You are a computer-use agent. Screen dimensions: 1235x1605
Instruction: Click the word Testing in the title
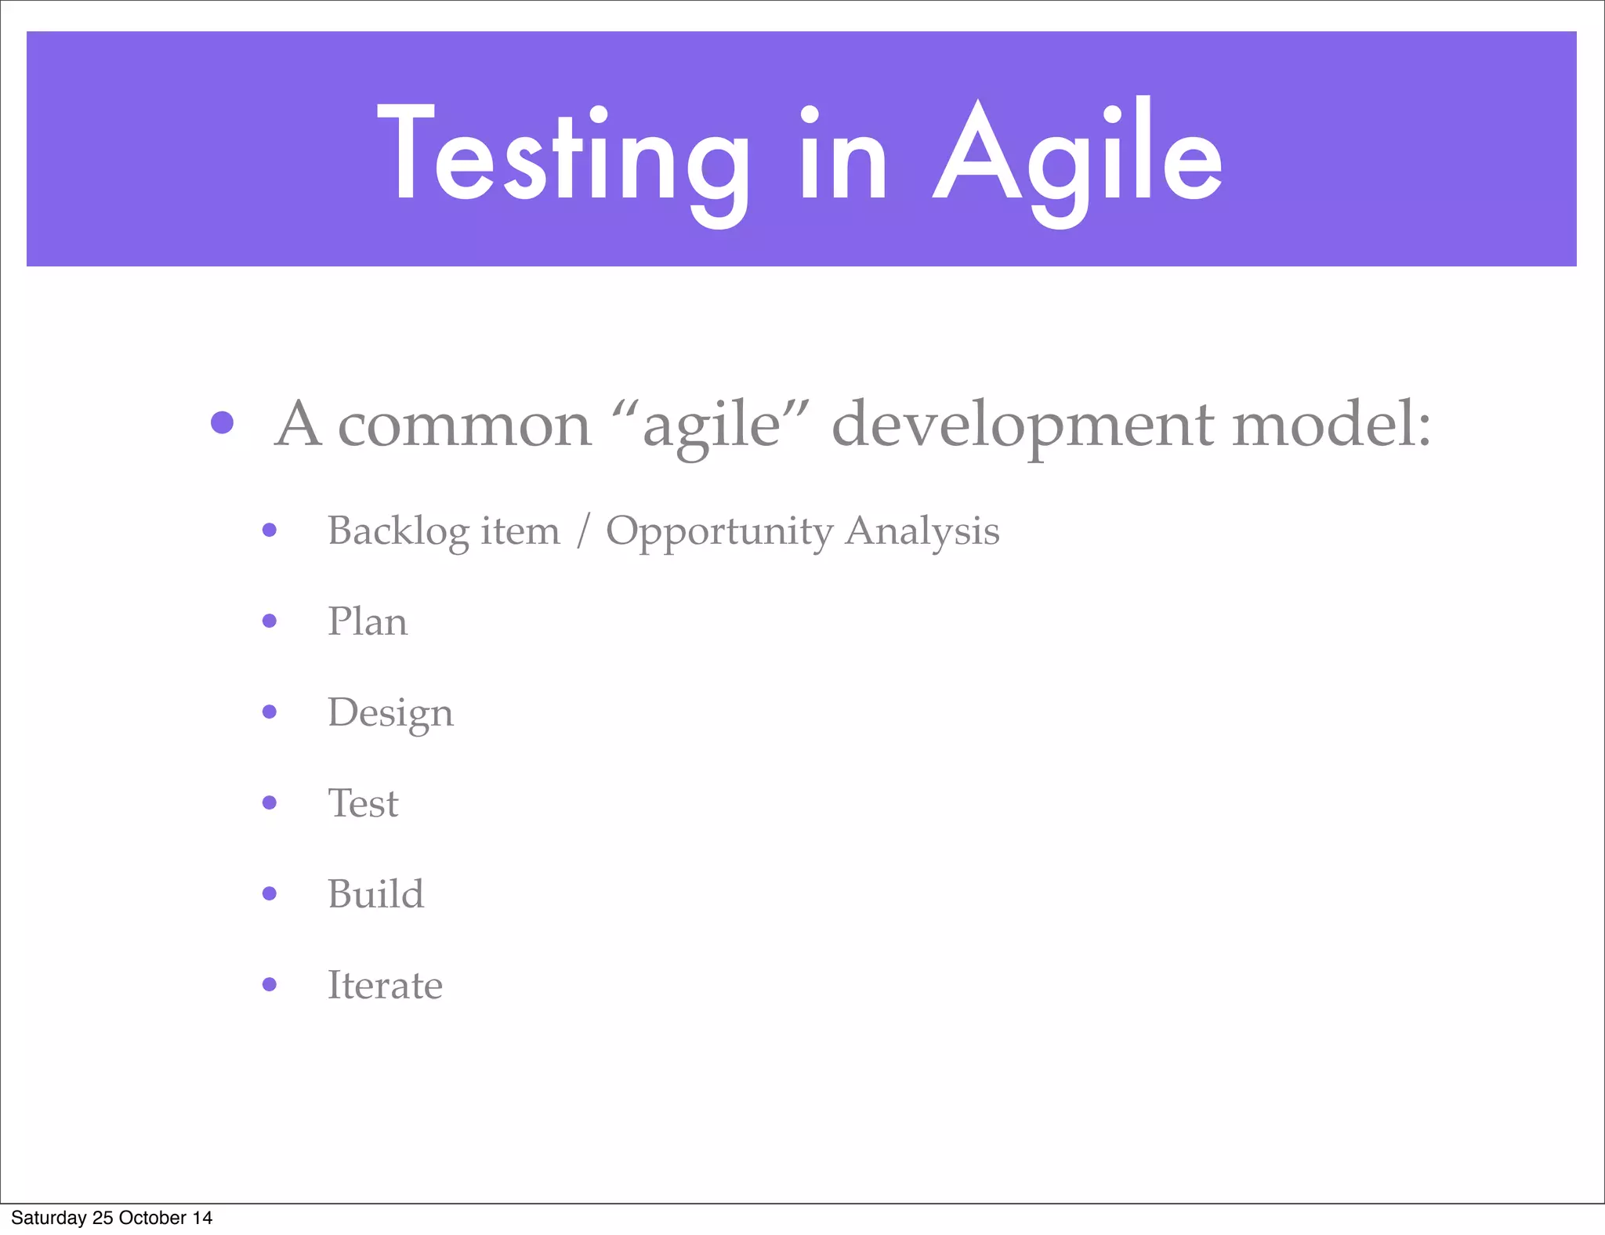[x=563, y=157]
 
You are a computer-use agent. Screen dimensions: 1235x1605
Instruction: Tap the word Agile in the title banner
[x=1078, y=157]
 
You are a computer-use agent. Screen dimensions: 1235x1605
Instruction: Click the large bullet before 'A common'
[x=223, y=423]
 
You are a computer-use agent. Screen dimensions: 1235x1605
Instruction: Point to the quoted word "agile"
[x=711, y=425]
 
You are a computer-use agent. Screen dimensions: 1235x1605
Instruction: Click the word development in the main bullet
[x=1023, y=425]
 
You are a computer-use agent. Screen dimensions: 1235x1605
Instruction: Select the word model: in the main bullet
[x=1331, y=425]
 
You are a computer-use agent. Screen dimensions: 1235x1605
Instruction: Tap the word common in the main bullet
[x=464, y=425]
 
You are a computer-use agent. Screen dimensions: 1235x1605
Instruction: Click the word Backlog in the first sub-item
[x=398, y=531]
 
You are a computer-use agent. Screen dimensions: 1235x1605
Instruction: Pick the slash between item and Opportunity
[x=582, y=531]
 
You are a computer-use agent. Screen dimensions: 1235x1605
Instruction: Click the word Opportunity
[x=719, y=531]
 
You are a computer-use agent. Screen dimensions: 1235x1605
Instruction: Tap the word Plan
[x=367, y=621]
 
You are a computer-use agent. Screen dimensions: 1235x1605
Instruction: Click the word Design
[x=389, y=713]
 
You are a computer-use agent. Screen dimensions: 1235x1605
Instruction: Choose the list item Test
[x=363, y=803]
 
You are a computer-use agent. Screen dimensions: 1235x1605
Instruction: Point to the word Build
[x=375, y=894]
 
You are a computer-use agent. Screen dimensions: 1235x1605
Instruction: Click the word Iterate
[x=384, y=985]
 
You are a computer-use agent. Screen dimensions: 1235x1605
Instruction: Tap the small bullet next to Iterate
[x=270, y=984]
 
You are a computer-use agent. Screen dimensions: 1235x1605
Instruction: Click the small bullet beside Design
[x=270, y=712]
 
